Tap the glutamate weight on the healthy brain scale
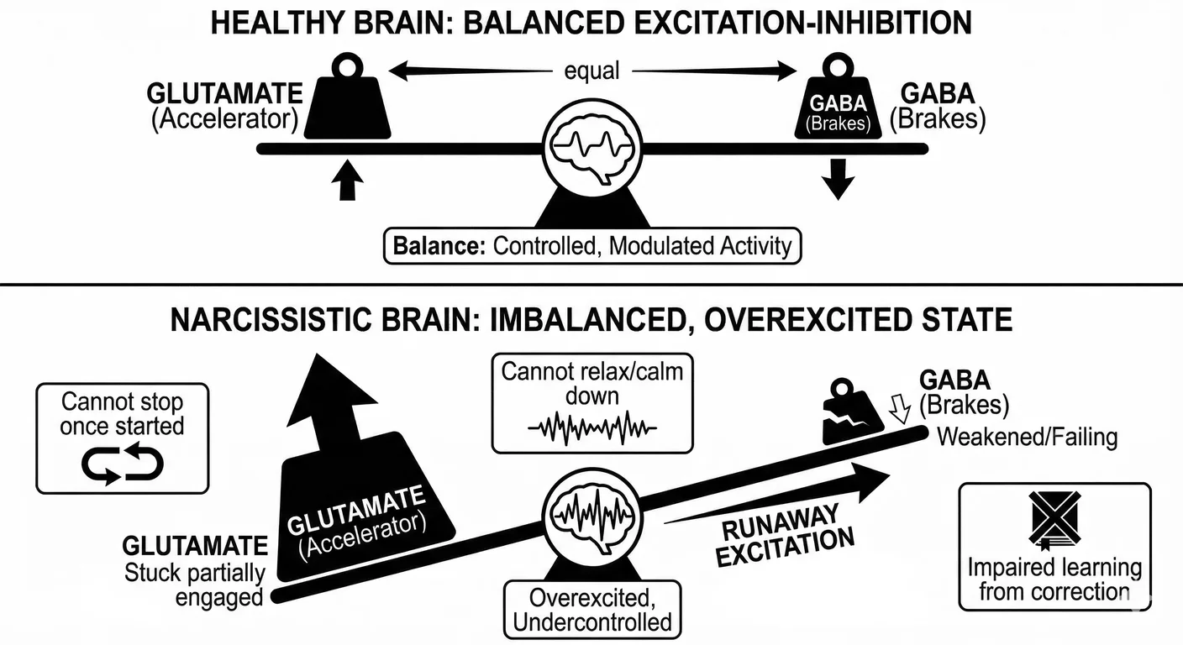[346, 105]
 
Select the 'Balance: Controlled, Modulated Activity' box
[592, 246]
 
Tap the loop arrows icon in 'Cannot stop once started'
[123, 465]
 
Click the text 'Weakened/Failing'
[1027, 437]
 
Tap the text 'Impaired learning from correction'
[1054, 579]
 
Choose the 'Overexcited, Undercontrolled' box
[591, 610]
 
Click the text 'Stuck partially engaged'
[195, 585]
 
